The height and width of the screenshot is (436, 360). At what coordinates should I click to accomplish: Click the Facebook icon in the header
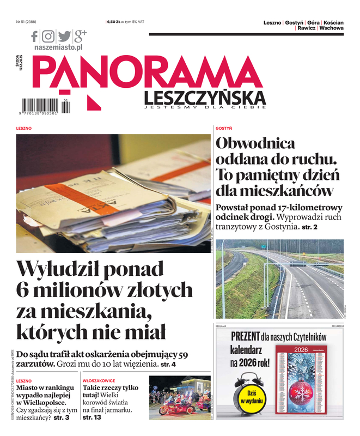point(35,37)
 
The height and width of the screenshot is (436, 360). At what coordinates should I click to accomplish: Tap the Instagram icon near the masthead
point(48,37)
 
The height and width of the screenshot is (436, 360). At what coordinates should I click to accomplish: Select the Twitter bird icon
point(64,37)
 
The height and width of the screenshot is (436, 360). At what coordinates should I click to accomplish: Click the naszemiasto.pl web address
point(58,48)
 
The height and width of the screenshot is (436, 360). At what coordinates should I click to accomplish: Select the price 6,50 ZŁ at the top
point(114,22)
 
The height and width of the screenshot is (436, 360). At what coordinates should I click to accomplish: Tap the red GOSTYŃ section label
point(224,128)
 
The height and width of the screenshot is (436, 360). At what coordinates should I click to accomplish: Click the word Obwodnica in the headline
point(255,144)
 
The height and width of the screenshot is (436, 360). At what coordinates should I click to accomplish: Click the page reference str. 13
point(91,417)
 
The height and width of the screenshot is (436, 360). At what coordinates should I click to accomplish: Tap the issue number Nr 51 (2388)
point(26,22)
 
